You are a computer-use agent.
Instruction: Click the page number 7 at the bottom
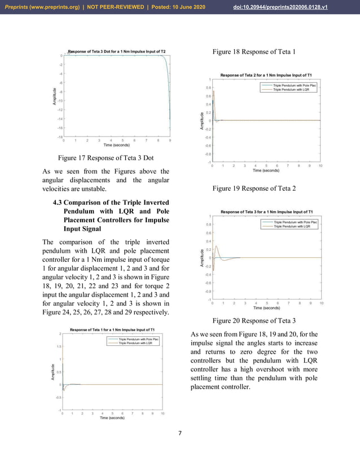pyautogui.click(x=179, y=433)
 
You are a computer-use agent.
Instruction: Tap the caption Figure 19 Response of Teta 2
pyautogui.click(x=254, y=188)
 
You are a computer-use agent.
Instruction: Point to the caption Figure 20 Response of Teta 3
pyautogui.click(x=254, y=320)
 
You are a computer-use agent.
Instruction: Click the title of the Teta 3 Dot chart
pyautogui.click(x=117, y=51)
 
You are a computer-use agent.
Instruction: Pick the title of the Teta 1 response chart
pyautogui.click(x=112, y=329)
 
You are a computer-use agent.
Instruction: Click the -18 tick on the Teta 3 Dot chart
pyautogui.click(x=59, y=137)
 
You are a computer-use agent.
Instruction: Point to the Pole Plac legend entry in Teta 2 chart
pyautogui.click(x=298, y=85)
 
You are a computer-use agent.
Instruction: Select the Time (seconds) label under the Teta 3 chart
pyautogui.click(x=266, y=308)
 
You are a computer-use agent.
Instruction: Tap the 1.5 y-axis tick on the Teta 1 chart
pyautogui.click(x=59, y=346)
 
